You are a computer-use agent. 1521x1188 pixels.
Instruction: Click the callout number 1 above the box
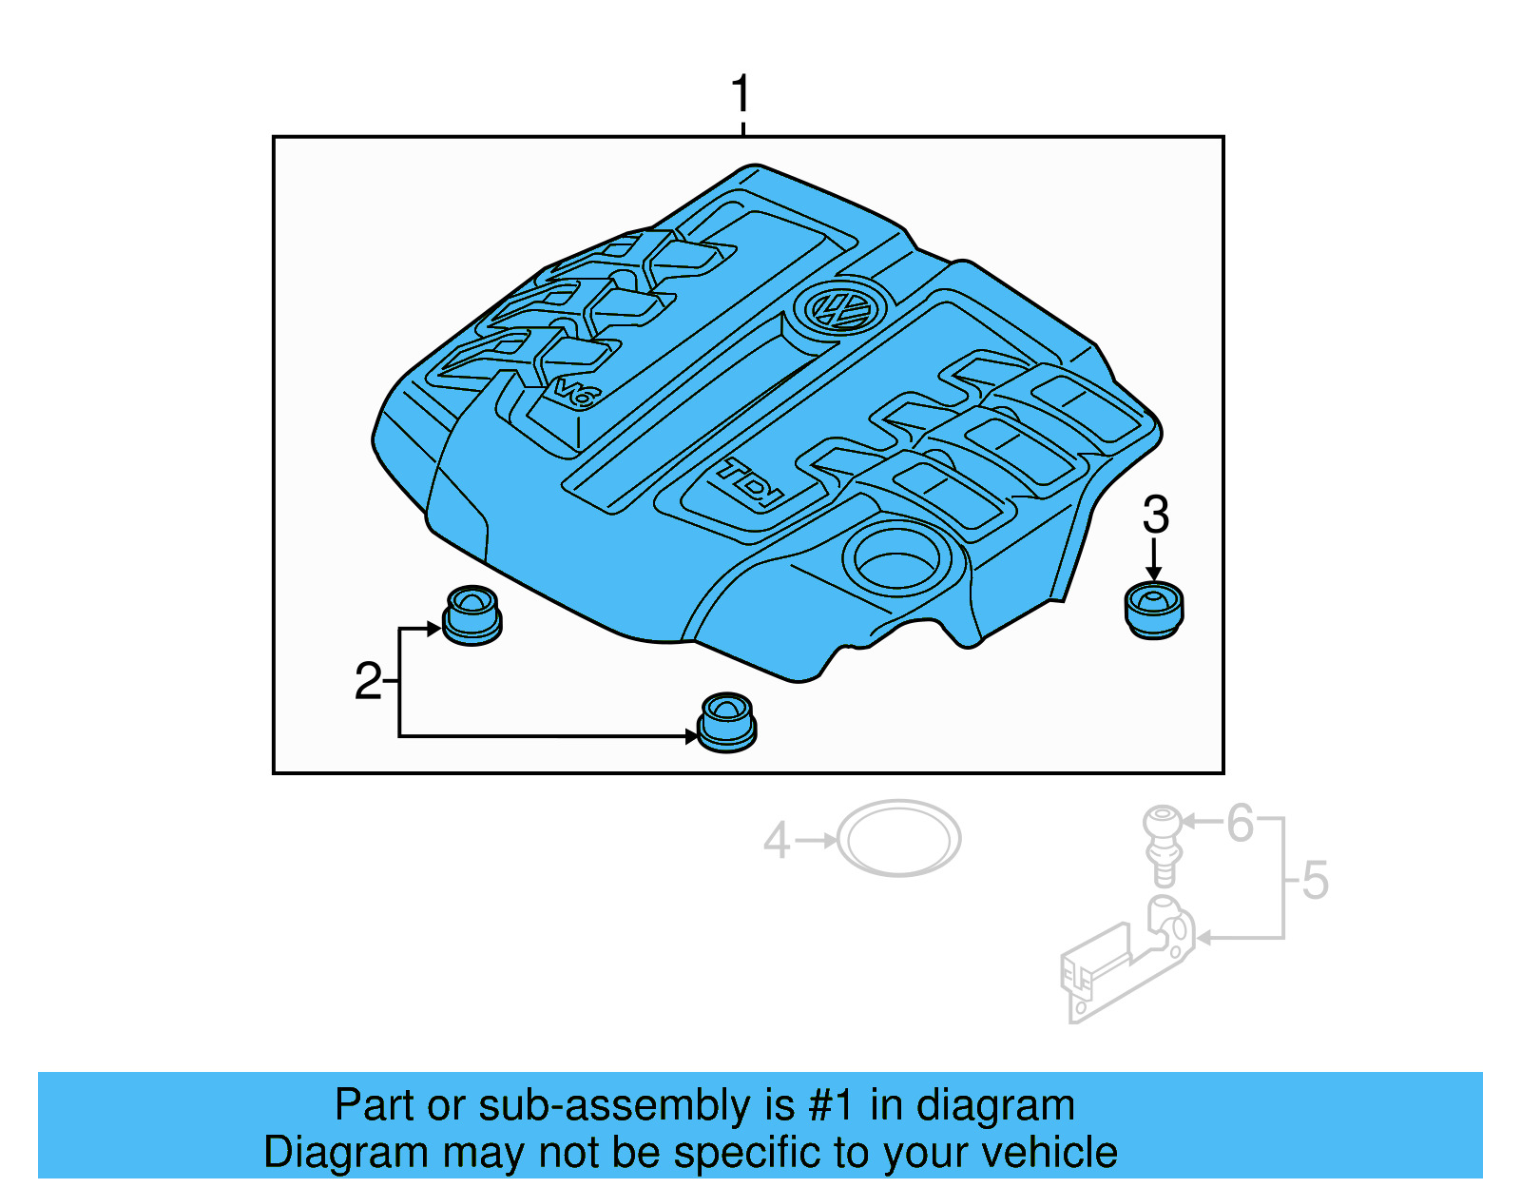pyautogui.click(x=741, y=95)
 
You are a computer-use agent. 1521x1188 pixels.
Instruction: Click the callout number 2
pyautogui.click(x=368, y=682)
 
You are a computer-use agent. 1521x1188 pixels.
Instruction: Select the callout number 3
pyautogui.click(x=1155, y=515)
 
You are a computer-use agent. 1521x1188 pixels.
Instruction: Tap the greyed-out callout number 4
pyautogui.click(x=777, y=841)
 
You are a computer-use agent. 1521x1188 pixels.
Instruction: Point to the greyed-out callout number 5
pyautogui.click(x=1315, y=880)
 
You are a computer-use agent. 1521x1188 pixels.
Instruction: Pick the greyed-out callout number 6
pyautogui.click(x=1240, y=824)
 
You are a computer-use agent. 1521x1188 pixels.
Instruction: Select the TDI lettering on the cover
pyautogui.click(x=751, y=481)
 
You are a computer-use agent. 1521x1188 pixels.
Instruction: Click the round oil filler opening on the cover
pyautogui.click(x=896, y=556)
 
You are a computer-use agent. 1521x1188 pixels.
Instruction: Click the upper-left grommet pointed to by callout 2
pyautogui.click(x=472, y=614)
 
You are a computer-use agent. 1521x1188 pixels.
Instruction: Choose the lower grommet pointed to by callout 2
pyautogui.click(x=726, y=722)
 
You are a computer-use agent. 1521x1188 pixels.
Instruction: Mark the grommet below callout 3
pyautogui.click(x=1154, y=610)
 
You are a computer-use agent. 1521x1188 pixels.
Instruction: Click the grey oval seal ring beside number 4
pyautogui.click(x=898, y=839)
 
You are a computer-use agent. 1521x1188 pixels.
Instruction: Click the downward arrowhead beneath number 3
pyautogui.click(x=1154, y=574)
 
